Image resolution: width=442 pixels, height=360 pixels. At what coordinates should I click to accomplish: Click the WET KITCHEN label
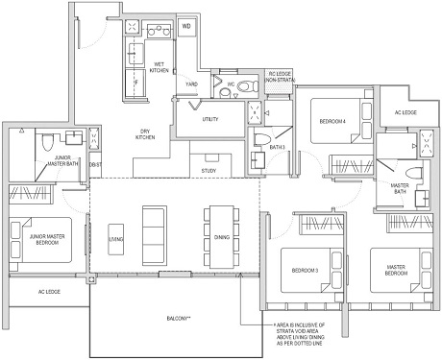160,67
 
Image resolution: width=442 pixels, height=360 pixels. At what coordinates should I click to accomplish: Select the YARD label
192,83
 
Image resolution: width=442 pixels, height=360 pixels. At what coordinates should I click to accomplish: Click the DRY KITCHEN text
145,135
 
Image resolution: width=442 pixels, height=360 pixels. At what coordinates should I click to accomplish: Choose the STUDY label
208,171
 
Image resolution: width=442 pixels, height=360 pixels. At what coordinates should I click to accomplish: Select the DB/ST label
94,165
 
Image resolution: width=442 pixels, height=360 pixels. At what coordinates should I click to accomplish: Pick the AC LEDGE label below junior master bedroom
49,290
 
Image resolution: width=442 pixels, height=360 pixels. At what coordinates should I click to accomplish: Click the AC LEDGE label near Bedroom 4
405,111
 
